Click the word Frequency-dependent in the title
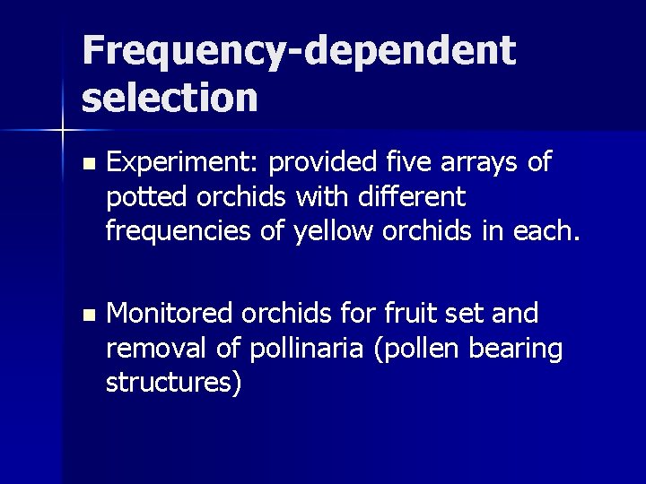[299, 52]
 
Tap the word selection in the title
[170, 97]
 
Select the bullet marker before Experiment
[87, 165]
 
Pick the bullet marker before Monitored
[87, 315]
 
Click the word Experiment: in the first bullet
[183, 163]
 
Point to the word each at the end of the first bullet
[549, 230]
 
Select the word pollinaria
[284, 348]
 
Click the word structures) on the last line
[173, 383]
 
